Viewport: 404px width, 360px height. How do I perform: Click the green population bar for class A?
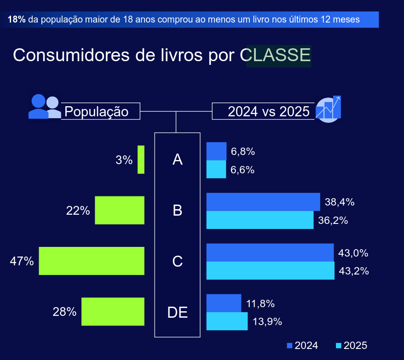click(141, 160)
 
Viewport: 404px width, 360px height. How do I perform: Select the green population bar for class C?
click(92, 261)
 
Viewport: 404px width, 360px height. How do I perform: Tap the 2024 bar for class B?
click(263, 202)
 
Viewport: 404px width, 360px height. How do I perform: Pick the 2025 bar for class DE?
click(227, 321)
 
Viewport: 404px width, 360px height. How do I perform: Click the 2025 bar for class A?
click(216, 169)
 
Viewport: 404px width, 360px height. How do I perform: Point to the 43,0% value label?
click(353, 253)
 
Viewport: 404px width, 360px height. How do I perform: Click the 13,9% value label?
click(267, 321)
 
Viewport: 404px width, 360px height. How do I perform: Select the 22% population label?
click(78, 211)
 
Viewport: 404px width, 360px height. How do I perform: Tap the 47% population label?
click(22, 261)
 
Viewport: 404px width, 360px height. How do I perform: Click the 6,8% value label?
click(242, 151)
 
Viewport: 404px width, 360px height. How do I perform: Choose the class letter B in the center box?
click(177, 211)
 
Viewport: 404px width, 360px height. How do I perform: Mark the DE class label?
click(177, 312)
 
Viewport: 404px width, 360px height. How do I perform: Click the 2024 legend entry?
click(302, 346)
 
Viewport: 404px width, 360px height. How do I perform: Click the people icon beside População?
click(45, 107)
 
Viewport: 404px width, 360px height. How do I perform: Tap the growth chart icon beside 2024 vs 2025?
click(329, 109)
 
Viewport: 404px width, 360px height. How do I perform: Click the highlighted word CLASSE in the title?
click(279, 55)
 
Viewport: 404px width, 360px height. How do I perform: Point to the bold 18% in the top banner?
click(17, 20)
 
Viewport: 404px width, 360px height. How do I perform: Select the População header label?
click(96, 111)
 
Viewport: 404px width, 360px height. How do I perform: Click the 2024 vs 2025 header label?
click(269, 111)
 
